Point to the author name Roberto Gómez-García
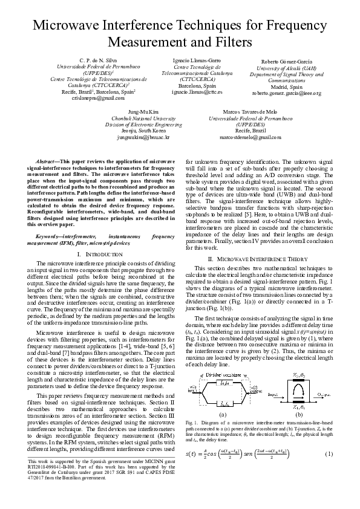click(286, 62)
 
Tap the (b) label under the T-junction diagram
click(299, 415)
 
